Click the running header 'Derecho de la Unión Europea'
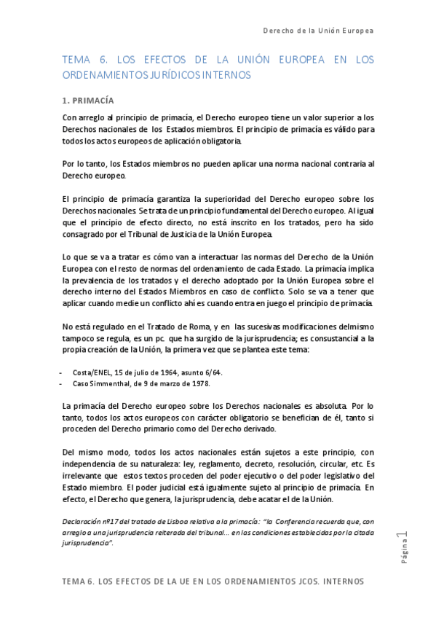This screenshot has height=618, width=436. pyautogui.click(x=318, y=31)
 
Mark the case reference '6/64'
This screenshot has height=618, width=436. pyautogui.click(x=212, y=372)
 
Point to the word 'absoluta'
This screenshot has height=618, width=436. pyautogui.click(x=325, y=406)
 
